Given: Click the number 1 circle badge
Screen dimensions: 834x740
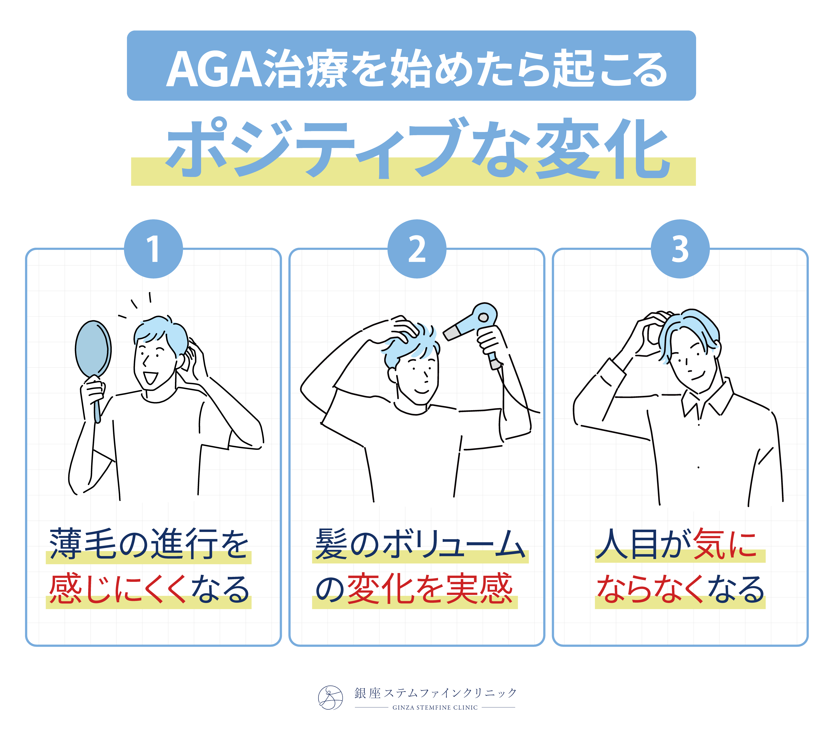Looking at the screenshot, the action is click(x=153, y=249).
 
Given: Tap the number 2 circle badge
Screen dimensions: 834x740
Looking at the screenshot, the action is click(x=417, y=249).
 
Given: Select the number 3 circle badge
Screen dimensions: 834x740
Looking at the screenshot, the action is click(x=680, y=249).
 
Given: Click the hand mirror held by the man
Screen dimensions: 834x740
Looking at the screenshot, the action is click(x=94, y=359).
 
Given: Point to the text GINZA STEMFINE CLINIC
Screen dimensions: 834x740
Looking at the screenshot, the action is click(x=435, y=707).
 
